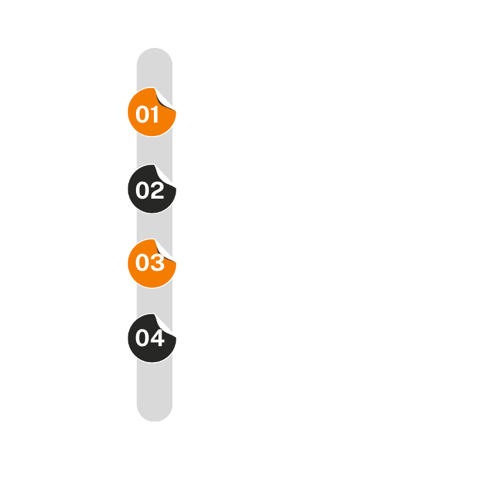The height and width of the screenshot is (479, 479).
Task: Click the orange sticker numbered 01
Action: tap(152, 112)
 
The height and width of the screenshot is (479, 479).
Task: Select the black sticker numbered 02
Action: tap(152, 189)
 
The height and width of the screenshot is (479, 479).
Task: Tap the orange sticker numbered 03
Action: tap(152, 263)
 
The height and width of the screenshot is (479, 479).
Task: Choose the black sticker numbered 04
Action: tap(152, 338)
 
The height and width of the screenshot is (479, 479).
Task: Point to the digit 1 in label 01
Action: tap(155, 114)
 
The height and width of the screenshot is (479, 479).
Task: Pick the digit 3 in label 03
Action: tap(157, 262)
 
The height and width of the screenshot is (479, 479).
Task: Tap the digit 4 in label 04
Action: tap(157, 338)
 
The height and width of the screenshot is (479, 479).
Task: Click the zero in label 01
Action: tap(142, 114)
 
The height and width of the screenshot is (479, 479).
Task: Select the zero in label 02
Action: tap(142, 190)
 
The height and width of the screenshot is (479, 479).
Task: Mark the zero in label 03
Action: tap(142, 262)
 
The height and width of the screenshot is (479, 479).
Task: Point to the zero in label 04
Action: tap(142, 338)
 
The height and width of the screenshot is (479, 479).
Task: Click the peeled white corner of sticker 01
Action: tap(163, 99)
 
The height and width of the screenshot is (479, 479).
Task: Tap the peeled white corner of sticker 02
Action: tap(163, 176)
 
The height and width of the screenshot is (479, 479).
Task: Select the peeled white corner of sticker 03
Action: tap(163, 251)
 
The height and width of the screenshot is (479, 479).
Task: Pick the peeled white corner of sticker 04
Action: tap(163, 325)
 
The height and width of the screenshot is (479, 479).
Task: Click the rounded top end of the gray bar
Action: tap(155, 58)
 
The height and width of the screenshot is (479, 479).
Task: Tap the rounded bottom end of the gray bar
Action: tap(155, 412)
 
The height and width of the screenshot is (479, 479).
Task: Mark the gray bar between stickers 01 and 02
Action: tap(155, 150)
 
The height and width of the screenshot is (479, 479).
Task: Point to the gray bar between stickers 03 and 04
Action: tap(155, 301)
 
